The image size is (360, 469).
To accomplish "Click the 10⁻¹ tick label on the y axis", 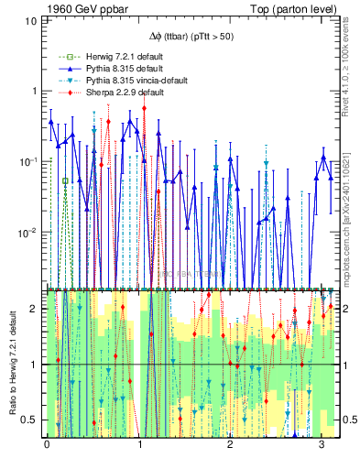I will pos(31,161).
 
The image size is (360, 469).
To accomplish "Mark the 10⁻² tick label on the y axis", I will pos(31,232).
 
